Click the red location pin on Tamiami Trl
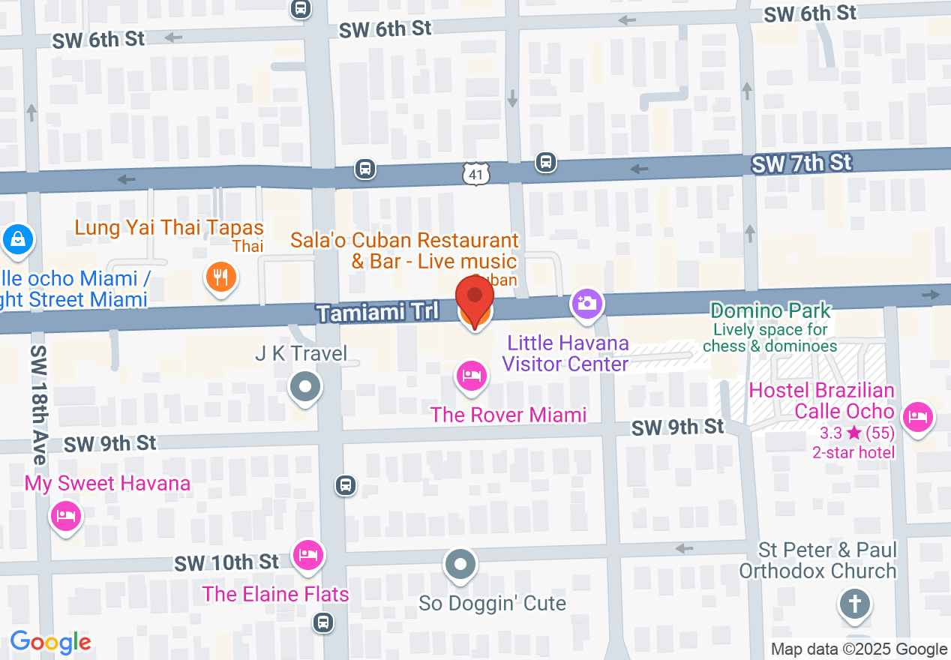pyautogui.click(x=475, y=298)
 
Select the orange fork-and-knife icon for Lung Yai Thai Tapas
pyautogui.click(x=220, y=278)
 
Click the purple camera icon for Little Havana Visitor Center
pyautogui.click(x=587, y=303)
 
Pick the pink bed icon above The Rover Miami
pyautogui.click(x=471, y=375)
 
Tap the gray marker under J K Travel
pyautogui.click(x=304, y=388)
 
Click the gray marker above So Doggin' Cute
pyautogui.click(x=460, y=563)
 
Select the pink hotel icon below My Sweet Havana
pyautogui.click(x=66, y=516)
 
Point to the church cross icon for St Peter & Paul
pyautogui.click(x=854, y=604)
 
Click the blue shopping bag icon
pyautogui.click(x=16, y=240)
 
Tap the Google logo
pyautogui.click(x=50, y=642)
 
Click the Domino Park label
pyautogui.click(x=770, y=310)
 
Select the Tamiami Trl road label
pyautogui.click(x=377, y=312)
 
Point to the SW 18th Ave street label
pyautogui.click(x=39, y=405)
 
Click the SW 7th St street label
pyautogui.click(x=802, y=163)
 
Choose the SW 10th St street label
pyautogui.click(x=226, y=562)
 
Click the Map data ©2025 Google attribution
pyautogui.click(x=859, y=649)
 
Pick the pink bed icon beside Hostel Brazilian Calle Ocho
pyautogui.click(x=917, y=415)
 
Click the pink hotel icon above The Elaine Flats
pyautogui.click(x=307, y=555)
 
